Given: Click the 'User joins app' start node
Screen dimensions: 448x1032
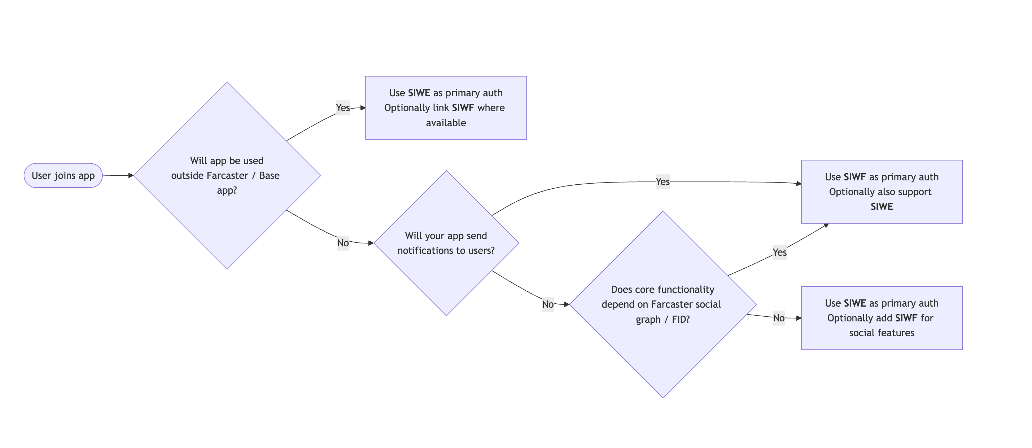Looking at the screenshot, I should point(63,175).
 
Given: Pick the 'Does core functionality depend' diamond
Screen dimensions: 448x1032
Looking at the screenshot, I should point(663,352).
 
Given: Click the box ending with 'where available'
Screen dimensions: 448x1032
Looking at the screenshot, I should point(446,108).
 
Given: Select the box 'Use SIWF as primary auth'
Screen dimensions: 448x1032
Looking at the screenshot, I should point(882,192).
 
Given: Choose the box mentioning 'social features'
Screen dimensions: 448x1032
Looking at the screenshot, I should point(882,318).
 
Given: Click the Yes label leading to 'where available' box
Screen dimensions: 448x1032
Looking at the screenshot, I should point(342,108).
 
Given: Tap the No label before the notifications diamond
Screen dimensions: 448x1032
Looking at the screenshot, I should point(342,243).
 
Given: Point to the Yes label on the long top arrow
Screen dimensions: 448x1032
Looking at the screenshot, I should point(662,182).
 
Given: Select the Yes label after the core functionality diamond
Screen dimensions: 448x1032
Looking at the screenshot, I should point(779,252).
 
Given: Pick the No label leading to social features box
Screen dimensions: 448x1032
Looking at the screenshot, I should point(778,318).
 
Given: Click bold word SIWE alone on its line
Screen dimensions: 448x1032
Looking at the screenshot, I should point(882,207).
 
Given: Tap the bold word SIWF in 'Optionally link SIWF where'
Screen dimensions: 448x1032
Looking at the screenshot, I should point(463,108).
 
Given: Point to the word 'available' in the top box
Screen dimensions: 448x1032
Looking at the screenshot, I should point(446,123).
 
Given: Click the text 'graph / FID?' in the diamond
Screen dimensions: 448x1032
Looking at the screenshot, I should point(663,320).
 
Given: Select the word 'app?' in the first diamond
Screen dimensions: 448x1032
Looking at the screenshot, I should point(227,190).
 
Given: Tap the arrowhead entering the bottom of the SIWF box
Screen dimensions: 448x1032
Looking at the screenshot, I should point(826,226).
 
